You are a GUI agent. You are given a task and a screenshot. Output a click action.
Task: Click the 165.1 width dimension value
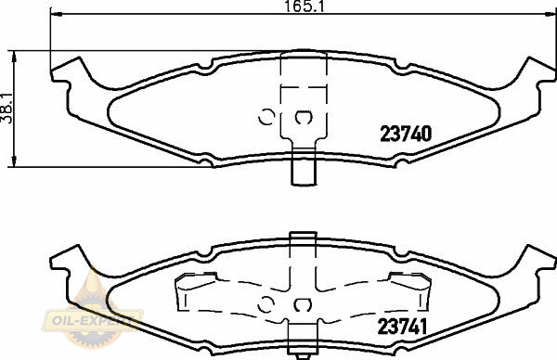tap(304, 6)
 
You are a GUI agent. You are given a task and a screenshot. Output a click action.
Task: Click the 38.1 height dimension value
tap(6, 109)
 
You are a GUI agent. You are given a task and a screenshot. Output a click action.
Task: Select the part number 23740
tap(406, 134)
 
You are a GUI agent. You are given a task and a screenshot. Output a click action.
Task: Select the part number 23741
tap(402, 327)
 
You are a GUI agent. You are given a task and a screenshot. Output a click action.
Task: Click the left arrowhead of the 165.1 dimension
tap(57, 14)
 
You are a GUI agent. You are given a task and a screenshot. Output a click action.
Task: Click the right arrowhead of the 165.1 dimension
tap(550, 14)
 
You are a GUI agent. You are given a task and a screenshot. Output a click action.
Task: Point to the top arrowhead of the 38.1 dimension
tap(14, 57)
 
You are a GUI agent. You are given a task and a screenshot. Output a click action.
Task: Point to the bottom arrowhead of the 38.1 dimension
tap(14, 161)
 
